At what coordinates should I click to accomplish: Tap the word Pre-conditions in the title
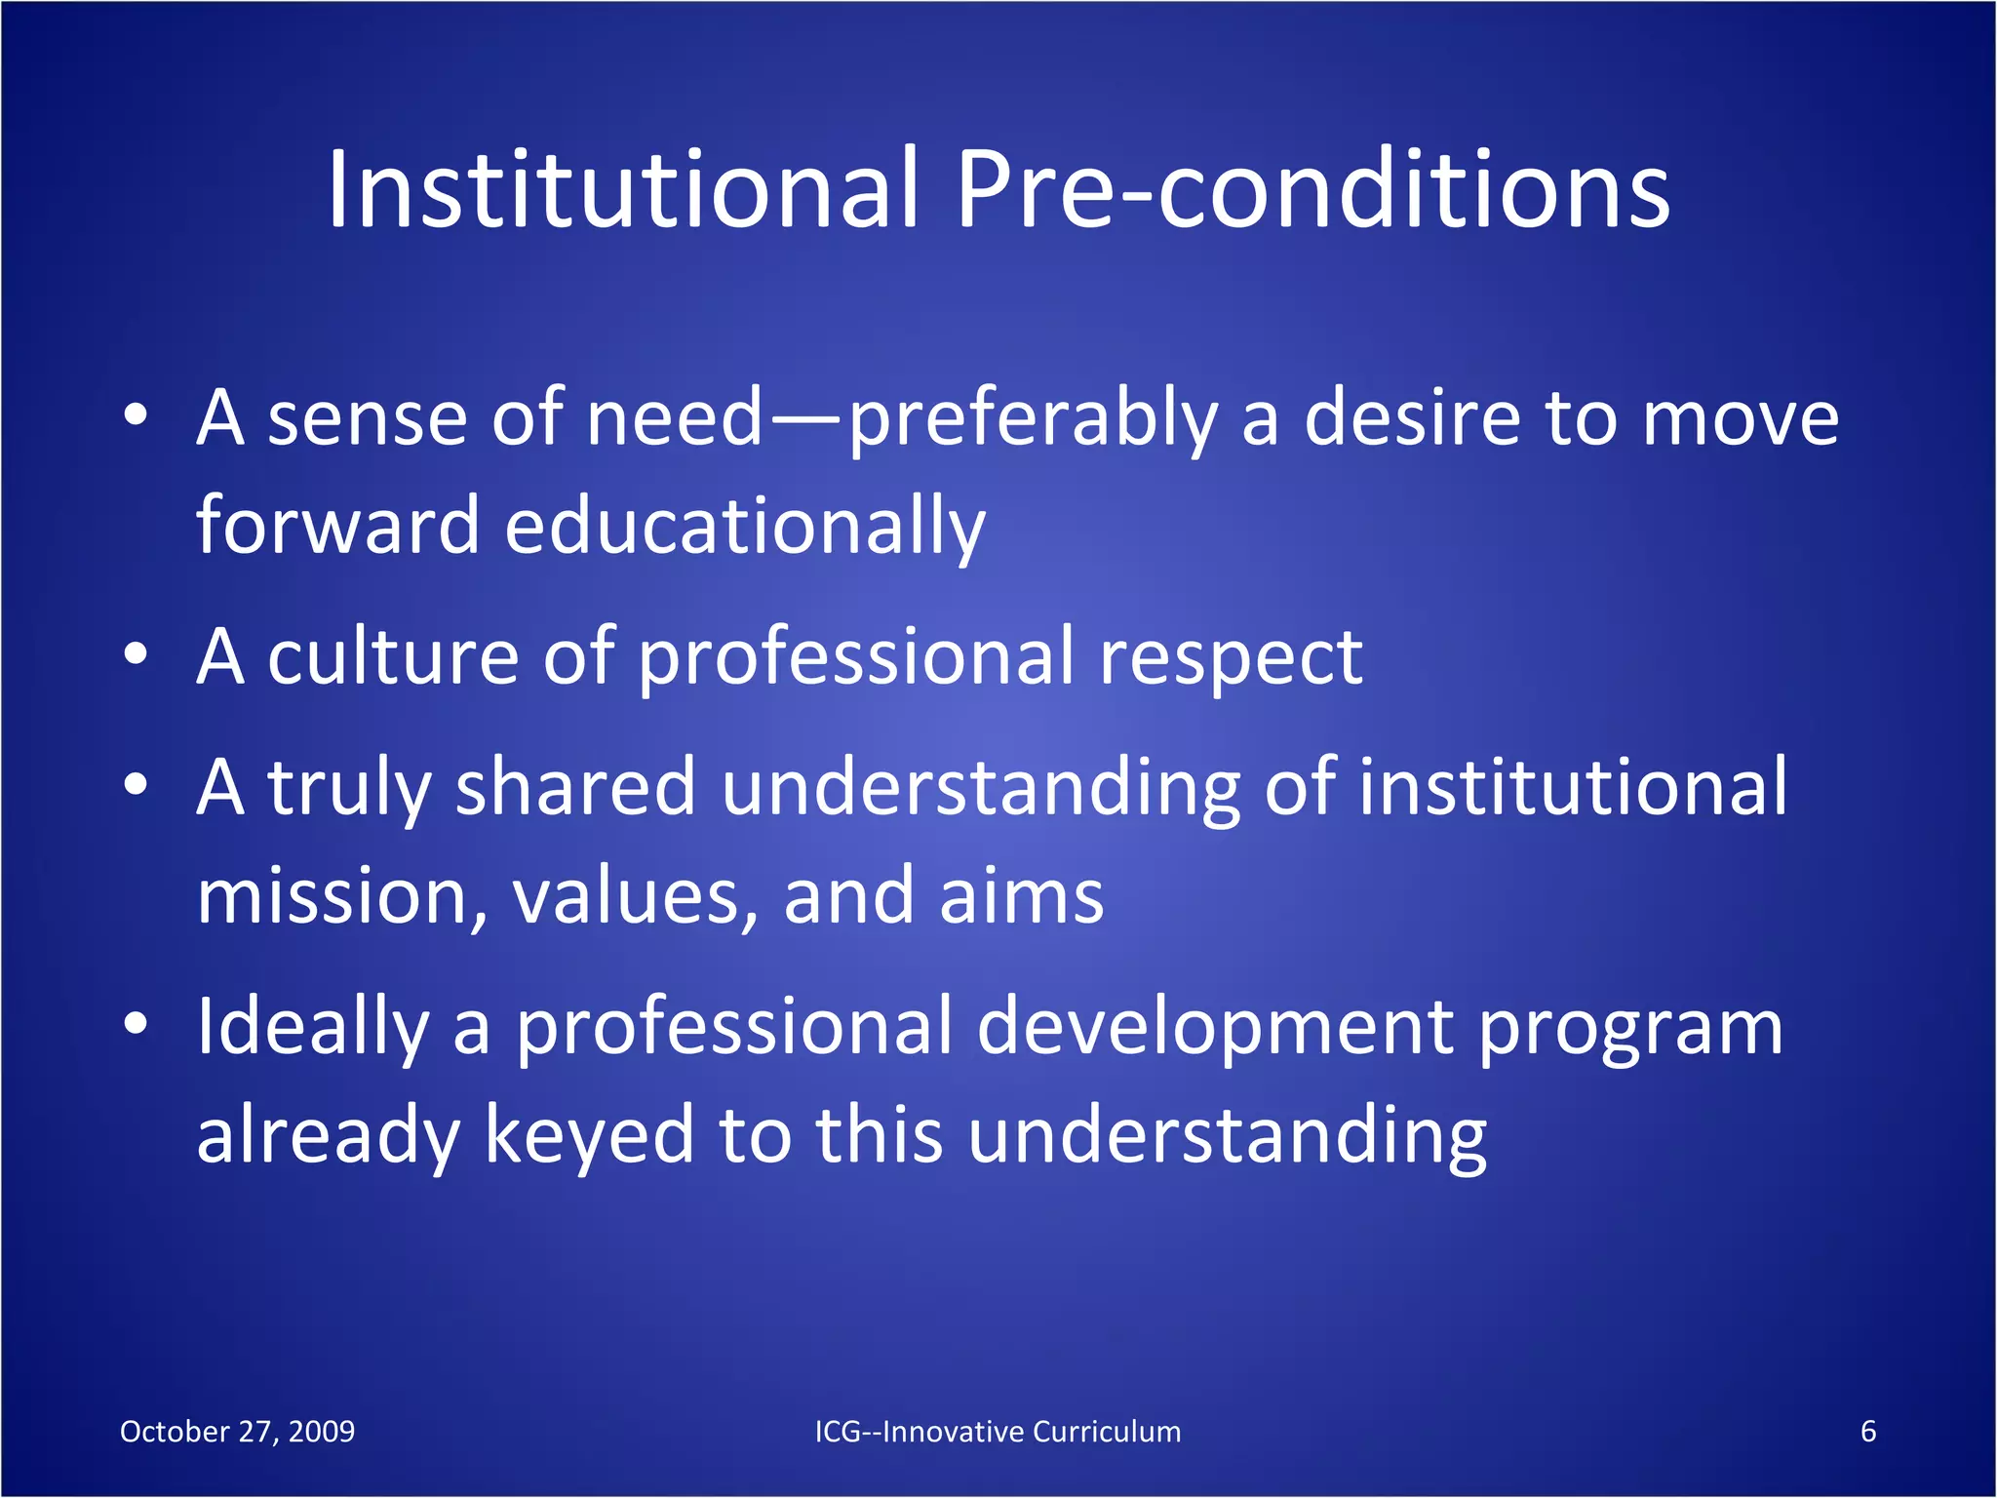[1312, 190]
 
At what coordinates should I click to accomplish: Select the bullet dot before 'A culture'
[136, 655]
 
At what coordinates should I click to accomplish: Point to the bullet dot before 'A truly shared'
[136, 786]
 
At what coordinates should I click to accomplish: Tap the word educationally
[745, 527]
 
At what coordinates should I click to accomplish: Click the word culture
[393, 657]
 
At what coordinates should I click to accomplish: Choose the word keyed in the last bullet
[589, 1136]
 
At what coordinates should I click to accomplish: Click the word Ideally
[312, 1028]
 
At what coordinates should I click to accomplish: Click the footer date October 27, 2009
[237, 1431]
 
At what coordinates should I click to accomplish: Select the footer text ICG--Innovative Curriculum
[998, 1431]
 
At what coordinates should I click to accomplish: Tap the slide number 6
[1868, 1431]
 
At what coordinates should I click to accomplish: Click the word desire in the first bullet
[1413, 419]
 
